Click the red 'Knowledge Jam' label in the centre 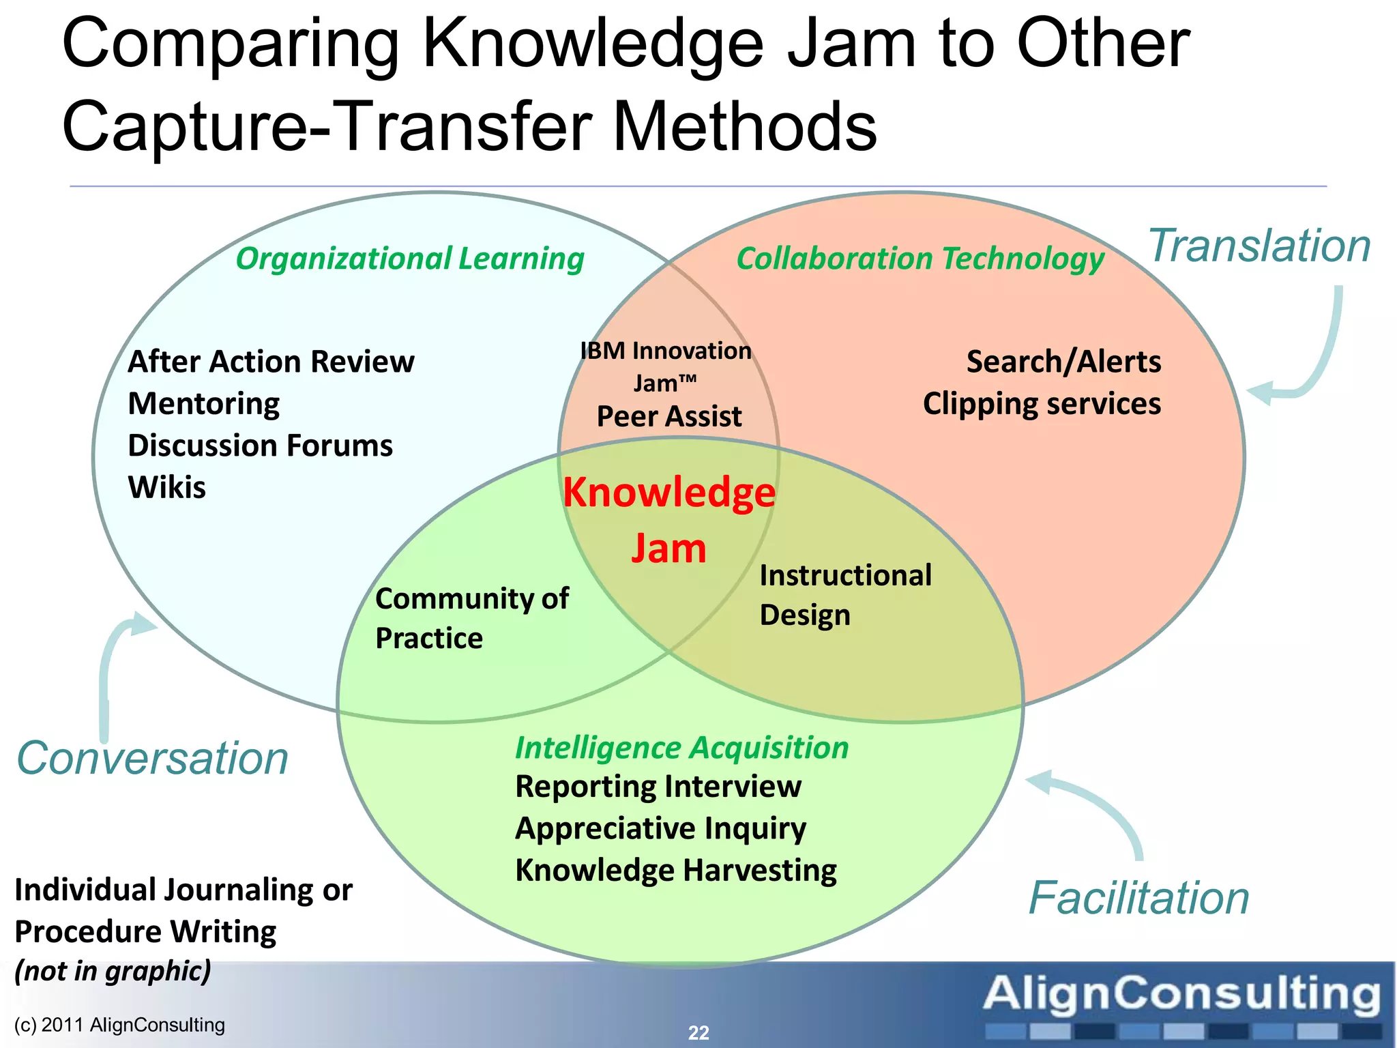click(668, 520)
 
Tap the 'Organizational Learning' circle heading click(410, 259)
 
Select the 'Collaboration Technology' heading click(920, 259)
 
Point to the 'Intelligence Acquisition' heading click(681, 748)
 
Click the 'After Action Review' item click(271, 362)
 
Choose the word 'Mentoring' click(204, 404)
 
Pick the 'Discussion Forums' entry click(260, 446)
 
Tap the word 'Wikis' click(167, 488)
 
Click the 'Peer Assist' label click(669, 416)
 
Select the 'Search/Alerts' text click(1063, 362)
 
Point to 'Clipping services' click(1042, 404)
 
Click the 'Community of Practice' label click(471, 618)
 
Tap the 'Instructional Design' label click(845, 595)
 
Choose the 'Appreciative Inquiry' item click(660, 828)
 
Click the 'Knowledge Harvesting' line click(676, 871)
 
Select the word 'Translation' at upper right click(1259, 246)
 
